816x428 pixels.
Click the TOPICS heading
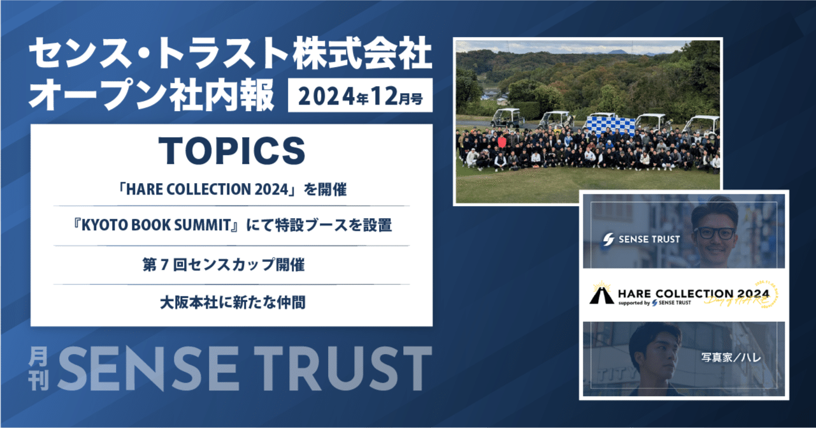point(231,151)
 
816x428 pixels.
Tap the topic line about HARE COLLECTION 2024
point(231,190)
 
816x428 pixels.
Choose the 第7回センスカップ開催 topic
point(231,265)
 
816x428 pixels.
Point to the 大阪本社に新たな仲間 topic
point(231,302)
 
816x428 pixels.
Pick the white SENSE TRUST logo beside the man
point(641,240)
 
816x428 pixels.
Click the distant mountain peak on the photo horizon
point(617,51)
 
